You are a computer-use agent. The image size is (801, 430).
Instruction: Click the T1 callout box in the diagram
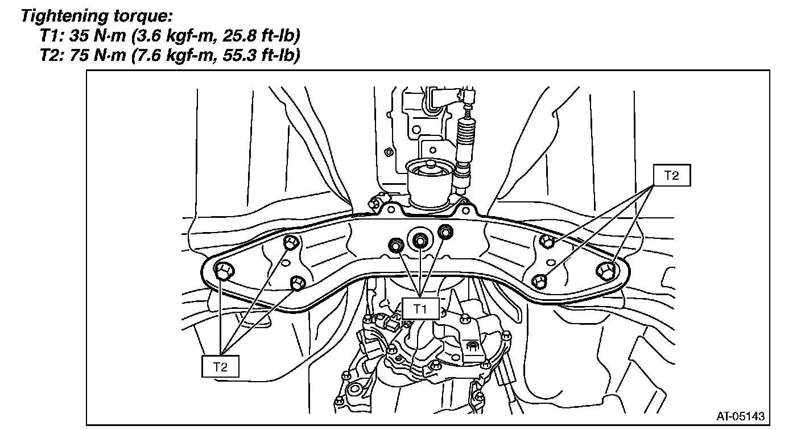pos(420,309)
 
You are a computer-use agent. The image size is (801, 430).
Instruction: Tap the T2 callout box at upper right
pos(671,176)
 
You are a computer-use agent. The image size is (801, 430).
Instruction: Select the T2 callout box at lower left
pos(220,367)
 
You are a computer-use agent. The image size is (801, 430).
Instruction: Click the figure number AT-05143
pos(740,416)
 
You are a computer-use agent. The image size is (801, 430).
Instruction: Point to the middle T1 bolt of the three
pos(420,240)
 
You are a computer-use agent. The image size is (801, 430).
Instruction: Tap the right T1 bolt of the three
pos(445,231)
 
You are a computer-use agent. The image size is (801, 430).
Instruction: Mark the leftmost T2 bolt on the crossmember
pos(222,271)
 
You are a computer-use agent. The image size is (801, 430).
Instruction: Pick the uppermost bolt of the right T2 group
pos(547,242)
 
